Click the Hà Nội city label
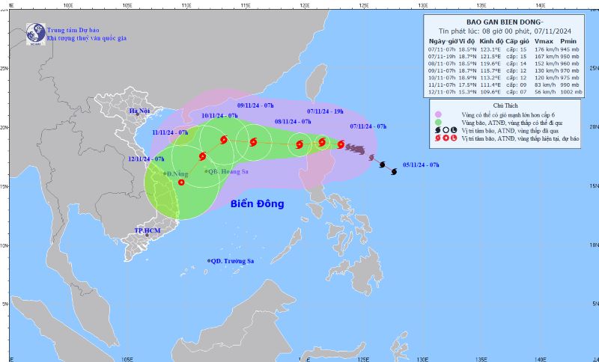click(x=139, y=111)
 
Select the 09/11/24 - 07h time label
click(x=258, y=105)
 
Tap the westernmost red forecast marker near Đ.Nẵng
click(x=181, y=182)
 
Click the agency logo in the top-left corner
click(x=34, y=32)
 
